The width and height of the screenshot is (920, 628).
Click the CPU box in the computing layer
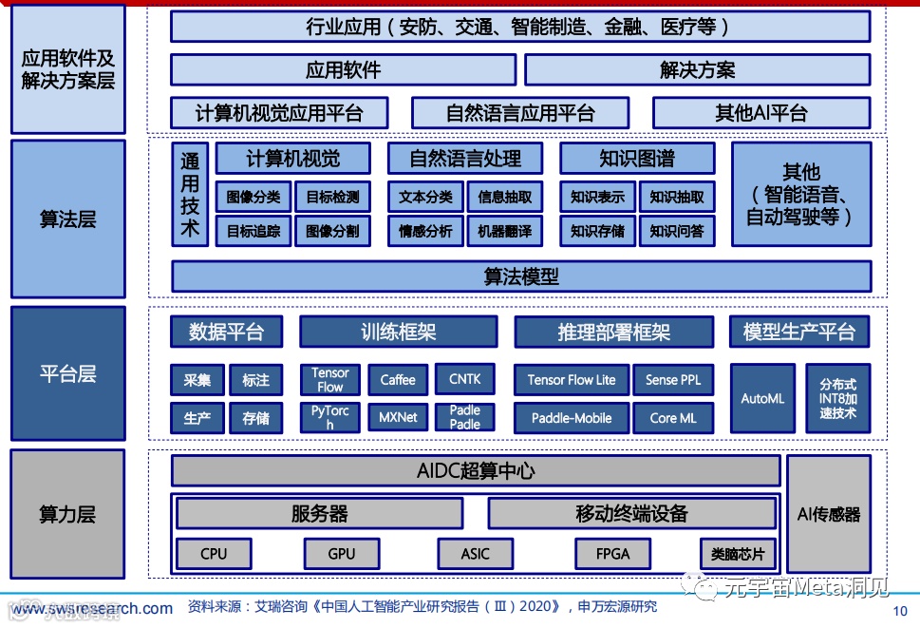click(214, 553)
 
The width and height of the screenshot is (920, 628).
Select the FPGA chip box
click(613, 553)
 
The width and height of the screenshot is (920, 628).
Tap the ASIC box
click(476, 553)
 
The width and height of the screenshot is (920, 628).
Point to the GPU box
click(342, 553)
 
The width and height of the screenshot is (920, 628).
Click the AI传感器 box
click(829, 514)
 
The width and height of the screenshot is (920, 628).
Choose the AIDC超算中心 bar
click(475, 471)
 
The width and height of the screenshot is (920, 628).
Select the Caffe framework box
click(398, 380)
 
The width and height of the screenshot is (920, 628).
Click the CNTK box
click(465, 379)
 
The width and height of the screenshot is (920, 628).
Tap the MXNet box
click(398, 417)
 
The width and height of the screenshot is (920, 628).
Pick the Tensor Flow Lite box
click(572, 380)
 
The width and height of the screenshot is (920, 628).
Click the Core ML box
click(673, 417)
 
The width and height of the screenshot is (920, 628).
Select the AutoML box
click(762, 398)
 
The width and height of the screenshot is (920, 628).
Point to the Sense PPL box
click(673, 380)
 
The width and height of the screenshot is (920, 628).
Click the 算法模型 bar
click(521, 276)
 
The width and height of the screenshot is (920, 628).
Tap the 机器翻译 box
click(505, 231)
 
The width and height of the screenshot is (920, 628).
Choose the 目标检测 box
click(333, 198)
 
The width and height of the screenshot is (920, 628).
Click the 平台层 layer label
click(67, 372)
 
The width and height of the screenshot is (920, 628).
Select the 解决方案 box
click(698, 69)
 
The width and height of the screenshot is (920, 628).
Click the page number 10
click(901, 611)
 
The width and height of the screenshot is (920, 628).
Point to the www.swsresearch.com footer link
click(92, 608)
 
